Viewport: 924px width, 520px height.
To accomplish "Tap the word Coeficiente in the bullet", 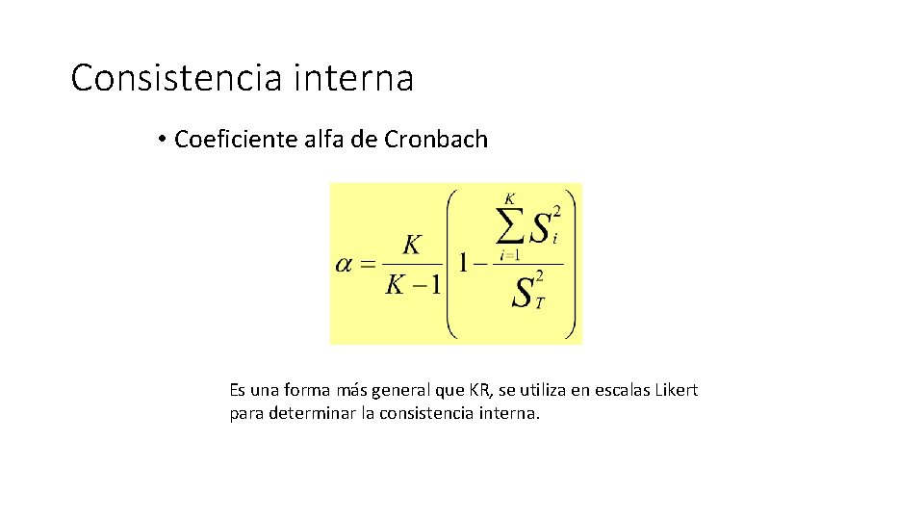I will pos(231,140).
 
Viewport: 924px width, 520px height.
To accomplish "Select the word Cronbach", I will pos(436,140).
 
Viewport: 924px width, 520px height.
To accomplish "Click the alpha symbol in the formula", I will pos(345,264).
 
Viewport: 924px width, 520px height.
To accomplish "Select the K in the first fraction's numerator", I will pos(412,246).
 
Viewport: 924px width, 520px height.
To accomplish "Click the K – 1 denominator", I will pos(412,285).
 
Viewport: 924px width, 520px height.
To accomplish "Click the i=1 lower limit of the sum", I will pos(510,255).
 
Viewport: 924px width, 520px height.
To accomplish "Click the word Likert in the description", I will pos(675,391).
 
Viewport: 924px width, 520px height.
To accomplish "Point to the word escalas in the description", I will pos(618,391).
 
